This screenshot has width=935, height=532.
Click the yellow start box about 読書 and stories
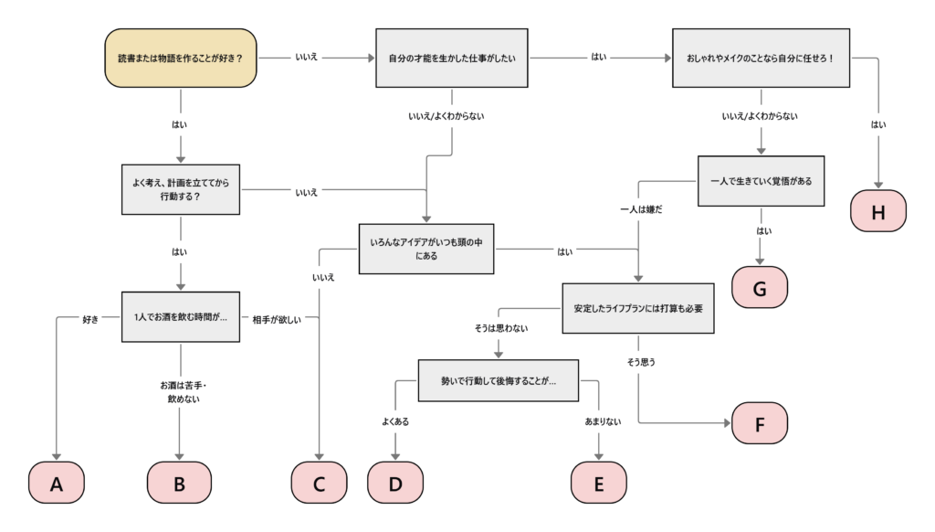pyautogui.click(x=181, y=59)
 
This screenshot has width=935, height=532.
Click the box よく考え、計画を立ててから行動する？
pyautogui.click(x=181, y=190)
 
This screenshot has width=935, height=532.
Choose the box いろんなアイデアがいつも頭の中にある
pyautogui.click(x=426, y=248)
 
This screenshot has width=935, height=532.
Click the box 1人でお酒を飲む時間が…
pyautogui.click(x=181, y=316)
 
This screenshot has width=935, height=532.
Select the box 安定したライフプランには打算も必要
pyautogui.click(x=637, y=308)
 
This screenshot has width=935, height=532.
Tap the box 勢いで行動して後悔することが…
pyautogui.click(x=499, y=379)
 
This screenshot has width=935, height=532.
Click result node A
pyautogui.click(x=57, y=484)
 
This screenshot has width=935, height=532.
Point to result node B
pyautogui.click(x=179, y=484)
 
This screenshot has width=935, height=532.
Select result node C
pyautogui.click(x=320, y=484)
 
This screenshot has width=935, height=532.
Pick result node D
pyautogui.click(x=395, y=484)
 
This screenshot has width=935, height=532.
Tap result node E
pyautogui.click(x=599, y=484)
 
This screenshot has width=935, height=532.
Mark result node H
pyautogui.click(x=878, y=211)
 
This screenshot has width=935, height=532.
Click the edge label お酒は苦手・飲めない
pyautogui.click(x=179, y=392)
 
